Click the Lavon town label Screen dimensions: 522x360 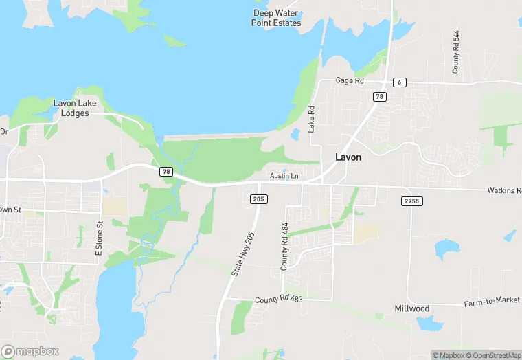pyautogui.click(x=348, y=157)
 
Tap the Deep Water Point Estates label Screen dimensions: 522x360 pyautogui.click(x=277, y=18)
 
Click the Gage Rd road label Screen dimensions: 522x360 pyautogui.click(x=349, y=81)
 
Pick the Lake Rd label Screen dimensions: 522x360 pyautogui.click(x=311, y=119)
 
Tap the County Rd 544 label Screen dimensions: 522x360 pyautogui.click(x=455, y=52)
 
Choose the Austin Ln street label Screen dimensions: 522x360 pyautogui.click(x=284, y=177)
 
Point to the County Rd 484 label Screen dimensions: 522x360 pyautogui.click(x=285, y=246)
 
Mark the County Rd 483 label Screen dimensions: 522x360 pyautogui.click(x=278, y=300)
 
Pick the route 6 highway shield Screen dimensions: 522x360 pyautogui.click(x=400, y=82)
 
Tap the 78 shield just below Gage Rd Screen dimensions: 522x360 pyautogui.click(x=378, y=97)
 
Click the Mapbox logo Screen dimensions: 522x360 pyautogui.click(x=30, y=350)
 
